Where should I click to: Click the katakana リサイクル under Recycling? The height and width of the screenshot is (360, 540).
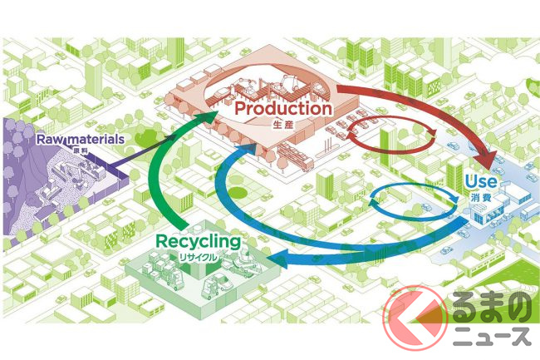[201, 258]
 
